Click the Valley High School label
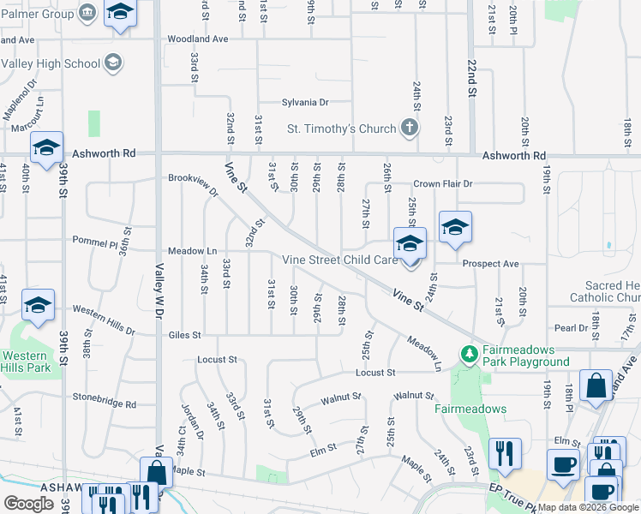tap(50, 63)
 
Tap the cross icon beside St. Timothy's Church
tap(410, 128)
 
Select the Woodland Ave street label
tap(198, 39)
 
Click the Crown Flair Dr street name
tap(443, 183)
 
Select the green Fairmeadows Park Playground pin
tap(468, 353)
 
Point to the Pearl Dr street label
tap(571, 328)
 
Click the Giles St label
tap(184, 335)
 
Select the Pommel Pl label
tap(94, 242)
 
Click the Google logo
tap(28, 504)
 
